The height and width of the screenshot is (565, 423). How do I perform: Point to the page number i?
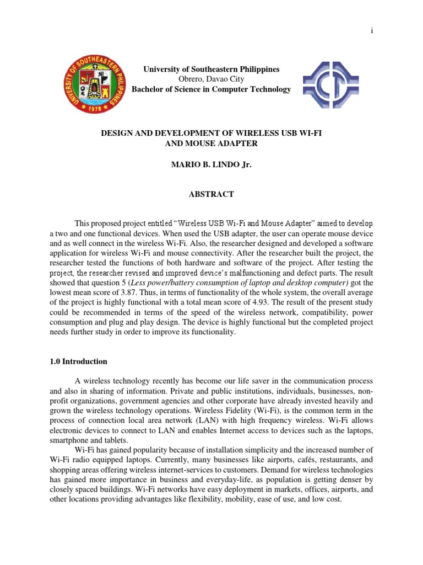[372, 31]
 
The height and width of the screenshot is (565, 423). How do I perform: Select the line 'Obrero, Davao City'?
[211, 79]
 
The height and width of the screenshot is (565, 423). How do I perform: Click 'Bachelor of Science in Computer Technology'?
[211, 89]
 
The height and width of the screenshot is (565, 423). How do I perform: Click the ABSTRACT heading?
[211, 194]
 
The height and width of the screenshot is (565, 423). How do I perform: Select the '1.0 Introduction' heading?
[78, 362]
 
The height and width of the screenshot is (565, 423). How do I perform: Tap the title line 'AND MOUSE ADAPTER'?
[211, 143]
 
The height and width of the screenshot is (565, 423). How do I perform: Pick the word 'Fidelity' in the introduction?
[253, 412]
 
